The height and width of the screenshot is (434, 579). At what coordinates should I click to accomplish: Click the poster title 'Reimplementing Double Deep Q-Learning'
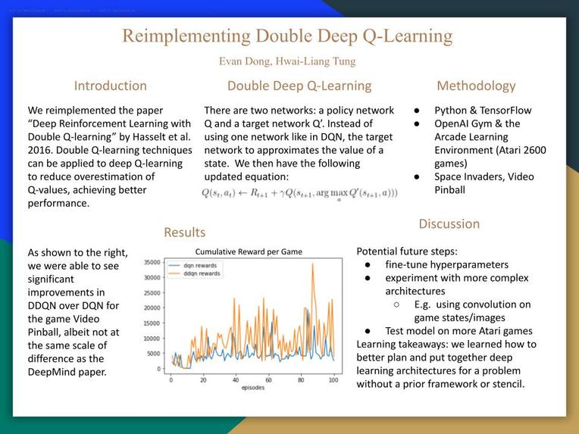[287, 36]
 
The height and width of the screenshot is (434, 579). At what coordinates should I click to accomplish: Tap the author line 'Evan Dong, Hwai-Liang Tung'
[287, 61]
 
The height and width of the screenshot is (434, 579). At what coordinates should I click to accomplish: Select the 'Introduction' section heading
[110, 86]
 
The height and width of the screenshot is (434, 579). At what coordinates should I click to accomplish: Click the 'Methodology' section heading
[476, 86]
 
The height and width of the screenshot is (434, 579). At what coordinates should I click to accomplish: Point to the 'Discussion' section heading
[449, 223]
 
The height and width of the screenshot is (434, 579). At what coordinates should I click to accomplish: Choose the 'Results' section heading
[184, 232]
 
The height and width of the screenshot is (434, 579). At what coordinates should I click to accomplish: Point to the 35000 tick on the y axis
[152, 262]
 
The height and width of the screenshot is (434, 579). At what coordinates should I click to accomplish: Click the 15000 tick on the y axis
[152, 323]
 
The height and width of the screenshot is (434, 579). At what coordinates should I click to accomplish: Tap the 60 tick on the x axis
[268, 380]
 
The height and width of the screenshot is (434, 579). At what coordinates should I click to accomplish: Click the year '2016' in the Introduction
[42, 150]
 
